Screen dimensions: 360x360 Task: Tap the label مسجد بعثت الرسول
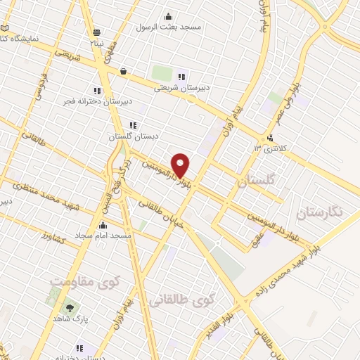[172, 26]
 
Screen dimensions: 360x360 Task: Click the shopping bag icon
[124, 71]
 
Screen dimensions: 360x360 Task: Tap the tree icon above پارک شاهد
[69, 307]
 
